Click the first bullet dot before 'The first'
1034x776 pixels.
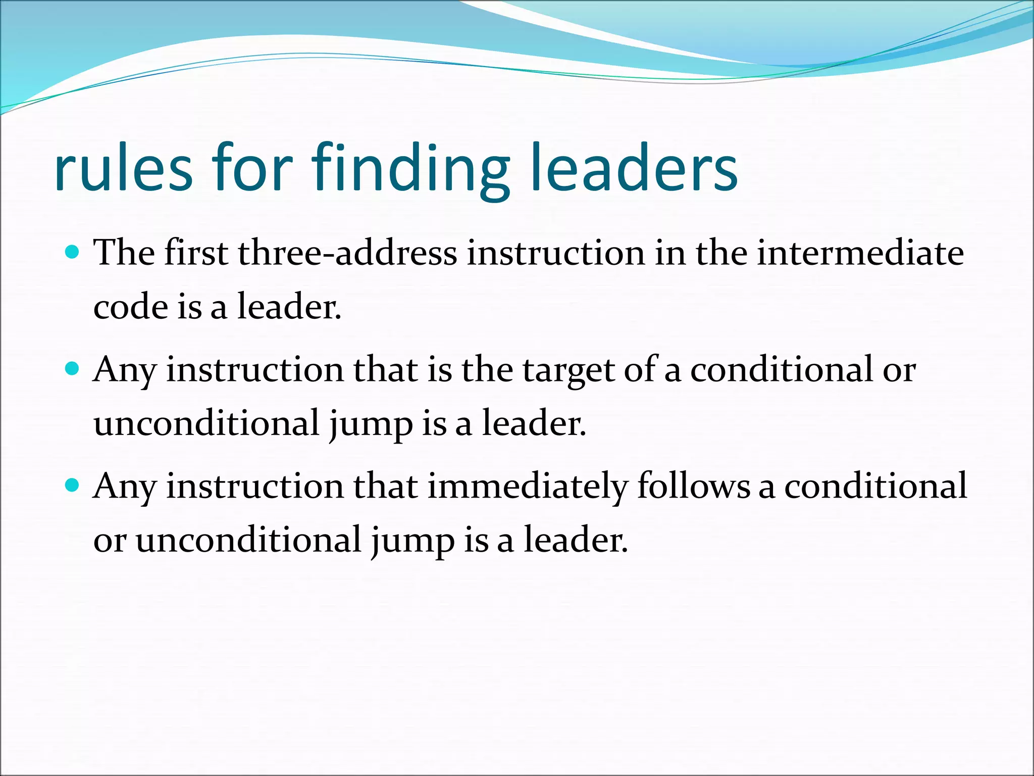pos(73,252)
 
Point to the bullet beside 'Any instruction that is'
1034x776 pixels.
pos(73,368)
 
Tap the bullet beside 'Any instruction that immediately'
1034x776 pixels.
pos(73,486)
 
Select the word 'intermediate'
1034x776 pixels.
pos(860,253)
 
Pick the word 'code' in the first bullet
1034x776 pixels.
pos(130,307)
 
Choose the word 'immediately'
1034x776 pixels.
pos(527,487)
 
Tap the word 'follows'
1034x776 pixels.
pos(694,487)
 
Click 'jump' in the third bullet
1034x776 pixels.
pos(412,541)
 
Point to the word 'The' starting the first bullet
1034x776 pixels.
pos(124,253)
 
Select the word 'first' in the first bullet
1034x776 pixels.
pos(196,253)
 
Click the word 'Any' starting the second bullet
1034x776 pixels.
pos(124,370)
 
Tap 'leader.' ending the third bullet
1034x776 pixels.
pos(576,540)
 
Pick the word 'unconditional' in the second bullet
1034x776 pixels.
pos(206,423)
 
